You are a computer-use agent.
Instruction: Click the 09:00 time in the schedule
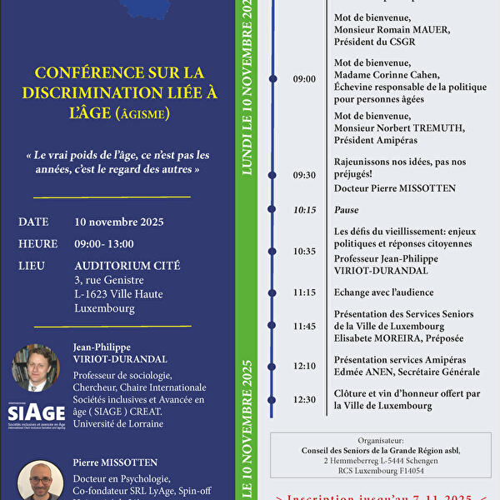point(304,79)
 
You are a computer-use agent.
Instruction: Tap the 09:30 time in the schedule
point(304,175)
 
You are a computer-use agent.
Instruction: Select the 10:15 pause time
point(304,210)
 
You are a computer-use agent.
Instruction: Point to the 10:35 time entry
point(304,251)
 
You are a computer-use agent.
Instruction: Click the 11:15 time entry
point(304,292)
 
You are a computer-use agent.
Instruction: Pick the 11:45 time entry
point(304,326)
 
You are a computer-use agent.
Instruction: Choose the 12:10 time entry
point(304,366)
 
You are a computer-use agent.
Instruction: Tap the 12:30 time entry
point(304,399)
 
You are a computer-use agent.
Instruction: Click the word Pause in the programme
point(346,210)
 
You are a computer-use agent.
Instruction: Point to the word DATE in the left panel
point(33,222)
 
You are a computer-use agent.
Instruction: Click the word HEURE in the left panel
point(37,243)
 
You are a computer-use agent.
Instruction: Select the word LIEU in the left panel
point(32,265)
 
